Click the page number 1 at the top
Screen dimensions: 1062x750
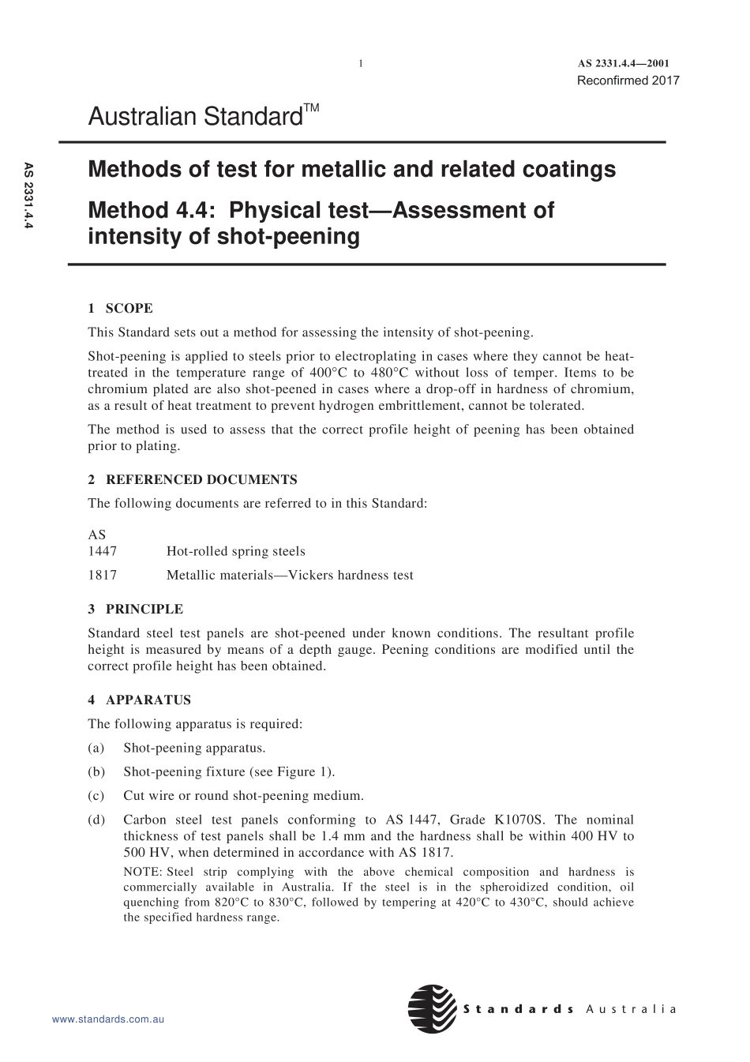(x=361, y=64)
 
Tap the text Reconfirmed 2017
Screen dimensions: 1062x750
(x=628, y=80)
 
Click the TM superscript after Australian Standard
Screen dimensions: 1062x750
(x=311, y=107)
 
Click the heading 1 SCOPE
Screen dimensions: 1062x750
(x=120, y=308)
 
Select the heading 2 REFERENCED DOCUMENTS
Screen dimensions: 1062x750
(x=193, y=479)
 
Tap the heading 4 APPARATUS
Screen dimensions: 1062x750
(x=139, y=700)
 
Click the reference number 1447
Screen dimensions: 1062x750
(x=102, y=551)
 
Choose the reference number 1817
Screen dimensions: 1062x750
(x=102, y=575)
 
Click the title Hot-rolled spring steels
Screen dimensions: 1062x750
(x=235, y=551)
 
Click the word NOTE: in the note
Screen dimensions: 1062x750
(x=143, y=872)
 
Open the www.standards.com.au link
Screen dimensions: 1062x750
(x=107, y=1019)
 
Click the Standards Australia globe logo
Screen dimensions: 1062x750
(x=432, y=1008)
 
